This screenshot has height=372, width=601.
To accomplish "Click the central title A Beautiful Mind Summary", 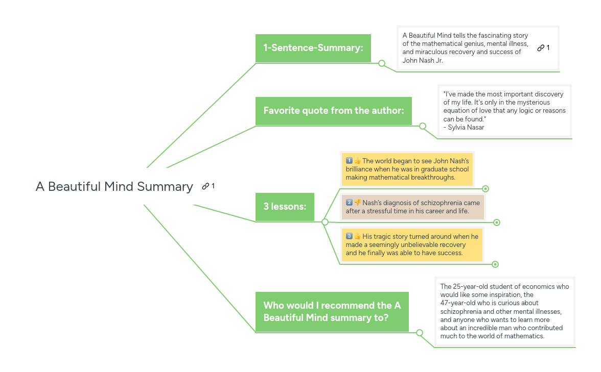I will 114,187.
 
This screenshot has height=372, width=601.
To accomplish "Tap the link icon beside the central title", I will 205,187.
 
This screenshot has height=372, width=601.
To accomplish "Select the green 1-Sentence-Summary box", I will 313,48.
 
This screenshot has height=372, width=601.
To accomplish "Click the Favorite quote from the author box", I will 333,111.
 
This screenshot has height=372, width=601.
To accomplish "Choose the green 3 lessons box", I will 285,207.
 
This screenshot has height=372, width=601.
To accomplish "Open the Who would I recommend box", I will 332,312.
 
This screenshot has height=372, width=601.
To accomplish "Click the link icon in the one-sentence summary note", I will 541,48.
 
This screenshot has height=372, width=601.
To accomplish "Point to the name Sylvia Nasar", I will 466,128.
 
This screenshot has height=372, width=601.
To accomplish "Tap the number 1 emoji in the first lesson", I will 349,161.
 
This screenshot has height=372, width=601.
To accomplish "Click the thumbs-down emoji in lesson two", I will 358,203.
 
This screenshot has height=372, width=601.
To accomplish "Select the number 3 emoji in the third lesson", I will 349,236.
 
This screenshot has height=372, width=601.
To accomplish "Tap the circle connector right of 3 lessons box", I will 325,222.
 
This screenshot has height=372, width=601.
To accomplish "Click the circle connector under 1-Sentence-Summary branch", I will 382,63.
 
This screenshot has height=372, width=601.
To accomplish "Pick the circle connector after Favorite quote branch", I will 423,126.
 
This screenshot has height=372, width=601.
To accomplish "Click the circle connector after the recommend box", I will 420,333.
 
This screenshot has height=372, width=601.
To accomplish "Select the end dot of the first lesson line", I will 486,189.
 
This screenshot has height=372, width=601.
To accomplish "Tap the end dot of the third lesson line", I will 495,264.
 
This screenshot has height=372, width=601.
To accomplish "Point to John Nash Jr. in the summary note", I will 423,60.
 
